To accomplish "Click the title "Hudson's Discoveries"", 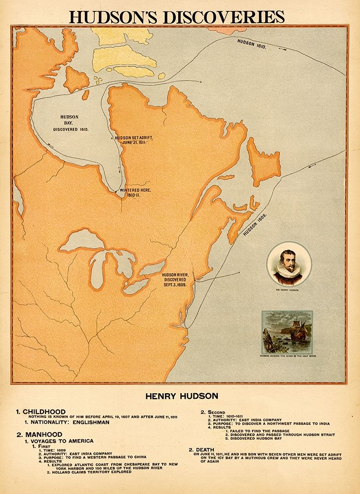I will click(x=176, y=16).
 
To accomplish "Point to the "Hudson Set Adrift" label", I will click(x=130, y=141).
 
